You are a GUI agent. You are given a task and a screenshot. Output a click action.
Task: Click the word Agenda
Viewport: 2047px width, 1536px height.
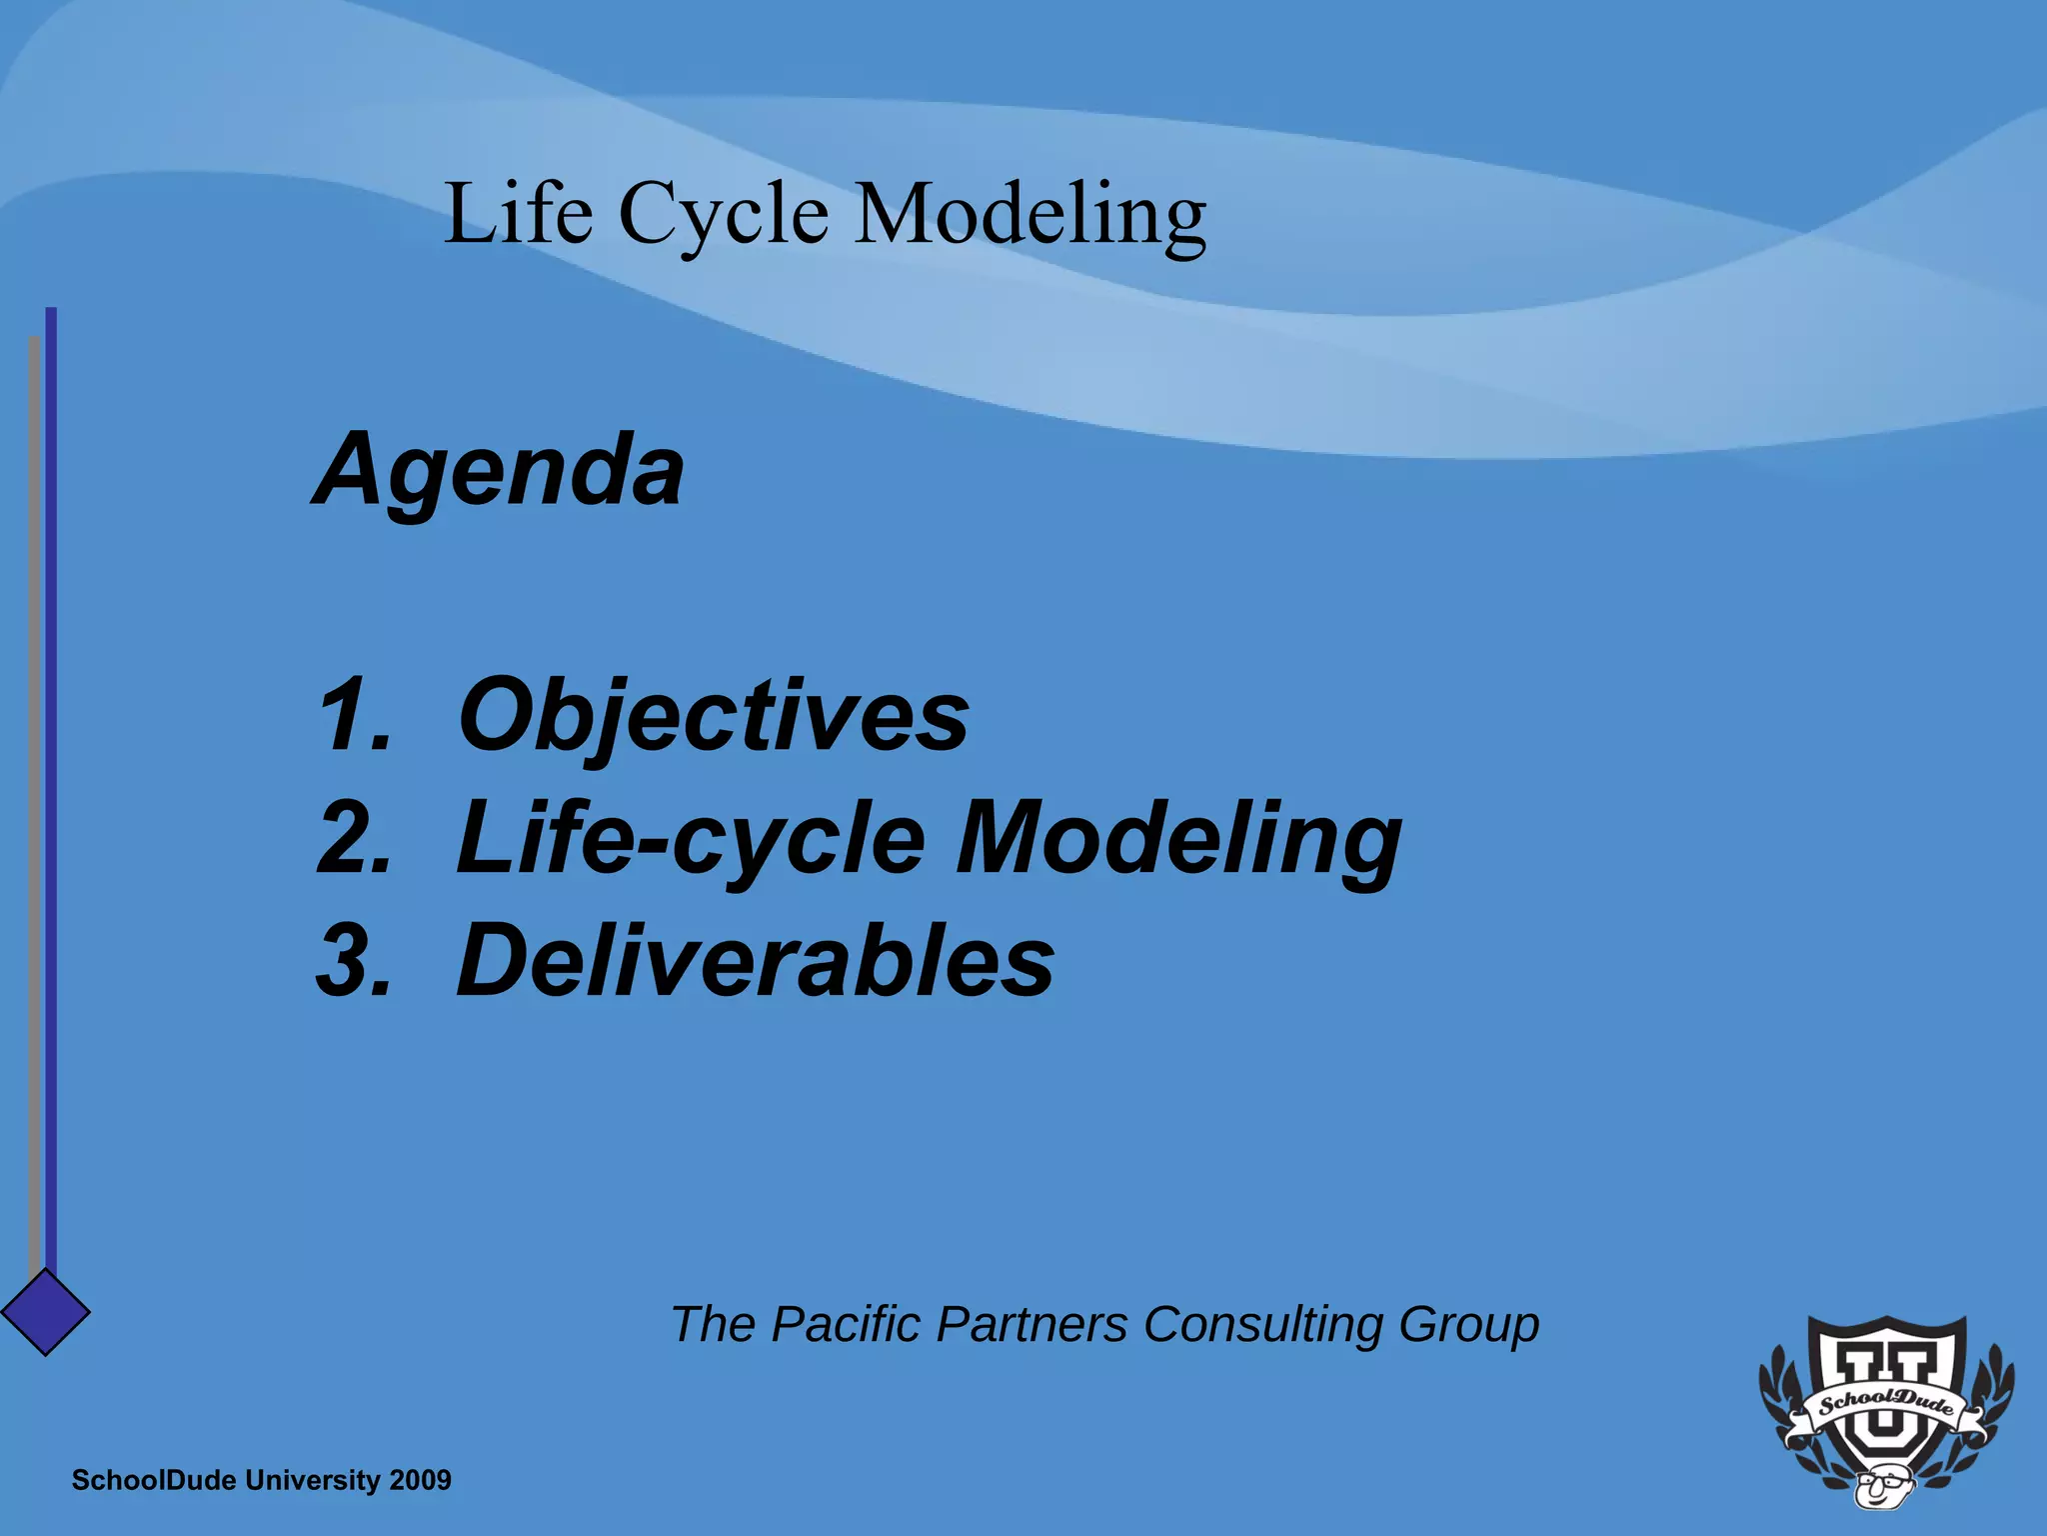pyautogui.click(x=499, y=470)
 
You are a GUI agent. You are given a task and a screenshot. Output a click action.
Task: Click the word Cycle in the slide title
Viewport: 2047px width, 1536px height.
pyautogui.click(x=724, y=214)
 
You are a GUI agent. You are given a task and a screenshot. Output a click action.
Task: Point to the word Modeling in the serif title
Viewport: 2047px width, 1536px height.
pyautogui.click(x=1030, y=214)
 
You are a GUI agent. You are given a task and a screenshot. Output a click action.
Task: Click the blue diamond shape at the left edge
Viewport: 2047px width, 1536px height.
pyautogui.click(x=45, y=1311)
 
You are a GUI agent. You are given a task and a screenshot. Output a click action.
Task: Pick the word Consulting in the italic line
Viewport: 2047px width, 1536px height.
pyautogui.click(x=1263, y=1326)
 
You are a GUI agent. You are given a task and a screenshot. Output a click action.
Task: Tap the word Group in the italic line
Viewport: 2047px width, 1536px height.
pyautogui.click(x=1468, y=1326)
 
